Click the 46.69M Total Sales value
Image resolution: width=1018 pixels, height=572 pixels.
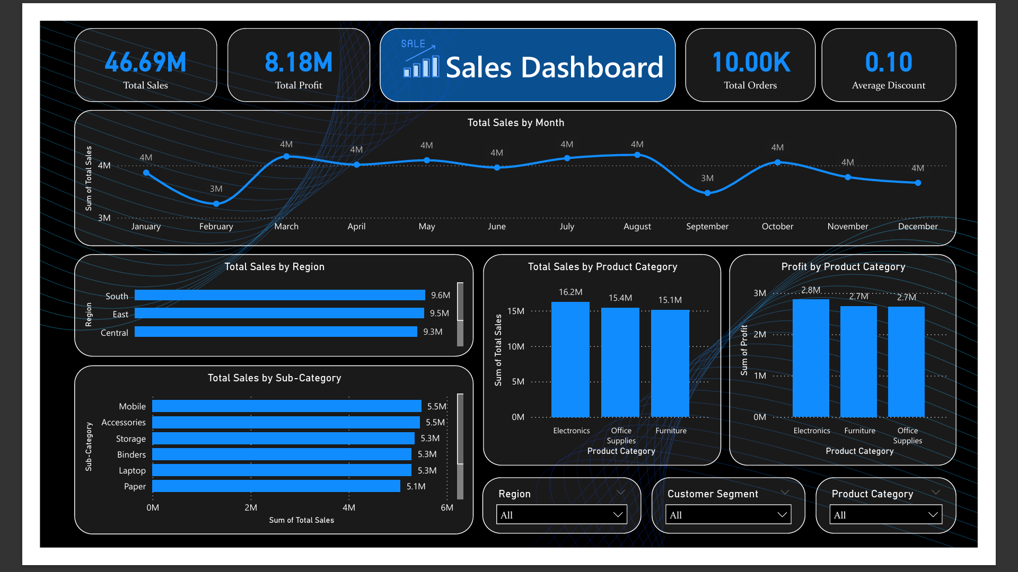point(145,62)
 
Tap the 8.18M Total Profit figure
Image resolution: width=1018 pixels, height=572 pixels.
point(299,62)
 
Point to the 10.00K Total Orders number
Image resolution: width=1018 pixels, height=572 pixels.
point(751,62)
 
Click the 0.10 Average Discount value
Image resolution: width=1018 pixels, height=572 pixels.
point(889,62)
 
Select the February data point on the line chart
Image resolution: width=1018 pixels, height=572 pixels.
point(216,203)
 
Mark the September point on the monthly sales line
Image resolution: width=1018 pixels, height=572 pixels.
point(707,193)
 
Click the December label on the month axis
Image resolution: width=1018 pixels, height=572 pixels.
point(918,227)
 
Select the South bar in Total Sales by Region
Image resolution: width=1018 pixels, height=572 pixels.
point(279,295)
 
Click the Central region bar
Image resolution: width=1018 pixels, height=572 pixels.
point(276,332)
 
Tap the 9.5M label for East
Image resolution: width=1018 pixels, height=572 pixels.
point(439,314)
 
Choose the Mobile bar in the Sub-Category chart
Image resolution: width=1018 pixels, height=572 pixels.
point(286,406)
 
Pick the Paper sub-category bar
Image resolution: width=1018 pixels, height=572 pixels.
point(276,486)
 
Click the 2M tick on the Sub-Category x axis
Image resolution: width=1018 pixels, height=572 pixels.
point(251,507)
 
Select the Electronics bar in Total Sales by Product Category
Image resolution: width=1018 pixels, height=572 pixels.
point(571,360)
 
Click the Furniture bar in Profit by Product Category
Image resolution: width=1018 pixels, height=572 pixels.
point(858,362)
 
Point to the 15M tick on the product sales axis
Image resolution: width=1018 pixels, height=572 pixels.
point(515,311)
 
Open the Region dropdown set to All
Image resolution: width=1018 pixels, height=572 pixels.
point(561,515)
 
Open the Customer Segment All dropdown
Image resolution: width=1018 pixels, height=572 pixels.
point(728,515)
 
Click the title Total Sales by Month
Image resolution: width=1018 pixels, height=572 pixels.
point(515,123)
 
